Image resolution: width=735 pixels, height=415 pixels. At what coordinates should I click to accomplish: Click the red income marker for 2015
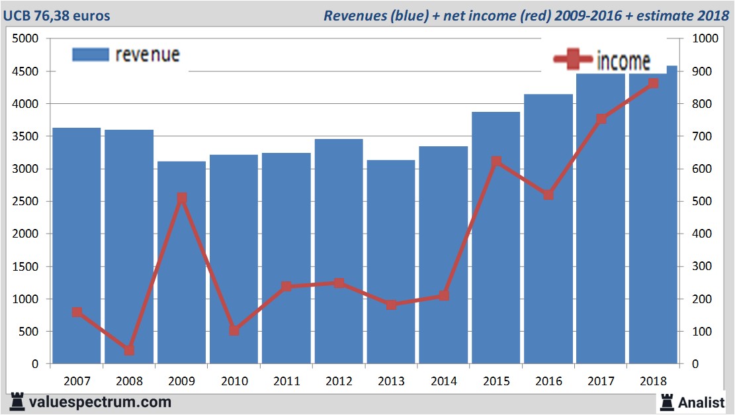pos(496,161)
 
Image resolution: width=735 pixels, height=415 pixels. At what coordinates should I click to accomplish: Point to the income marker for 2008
pos(130,350)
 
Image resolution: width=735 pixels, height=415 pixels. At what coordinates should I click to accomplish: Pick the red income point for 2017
pos(601,119)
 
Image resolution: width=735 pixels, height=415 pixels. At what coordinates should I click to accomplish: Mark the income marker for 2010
pos(234,330)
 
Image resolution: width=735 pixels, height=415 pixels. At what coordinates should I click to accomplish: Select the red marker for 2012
pos(339,283)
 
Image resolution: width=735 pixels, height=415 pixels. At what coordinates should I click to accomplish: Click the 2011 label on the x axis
pos(286,382)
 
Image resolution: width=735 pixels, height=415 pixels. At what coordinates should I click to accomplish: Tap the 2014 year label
pos(443,382)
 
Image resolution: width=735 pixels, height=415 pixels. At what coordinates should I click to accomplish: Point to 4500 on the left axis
pos(26,71)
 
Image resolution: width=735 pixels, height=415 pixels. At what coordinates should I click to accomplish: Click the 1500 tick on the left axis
pos(26,267)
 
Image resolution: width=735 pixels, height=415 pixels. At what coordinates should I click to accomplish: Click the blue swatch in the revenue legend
pos(90,55)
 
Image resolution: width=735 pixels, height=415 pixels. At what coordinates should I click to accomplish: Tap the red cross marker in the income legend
pos(573,60)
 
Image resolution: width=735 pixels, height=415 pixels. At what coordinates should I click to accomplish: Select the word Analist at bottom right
pos(701,402)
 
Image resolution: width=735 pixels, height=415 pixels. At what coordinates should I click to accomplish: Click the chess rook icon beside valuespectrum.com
pos(17,401)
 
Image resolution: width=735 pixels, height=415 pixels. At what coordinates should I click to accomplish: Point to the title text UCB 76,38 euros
pos(58,15)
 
